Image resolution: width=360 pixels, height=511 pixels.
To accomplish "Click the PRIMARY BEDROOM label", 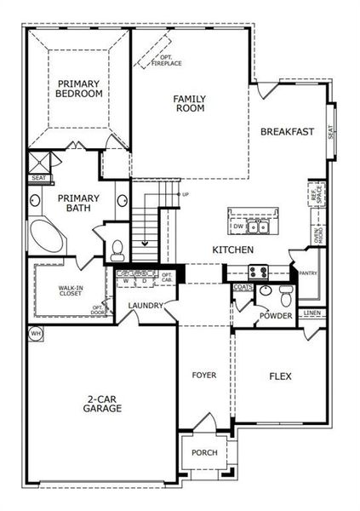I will pyautogui.click(x=79, y=89).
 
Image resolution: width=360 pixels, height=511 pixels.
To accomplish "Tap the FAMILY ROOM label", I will pyautogui.click(x=189, y=103).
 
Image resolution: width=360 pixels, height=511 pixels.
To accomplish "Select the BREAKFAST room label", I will pyautogui.click(x=287, y=132).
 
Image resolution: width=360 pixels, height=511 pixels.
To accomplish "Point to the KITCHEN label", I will pyautogui.click(x=232, y=250).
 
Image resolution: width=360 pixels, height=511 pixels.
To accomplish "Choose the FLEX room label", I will pyautogui.click(x=281, y=376).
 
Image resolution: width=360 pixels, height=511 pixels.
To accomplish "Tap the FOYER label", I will pyautogui.click(x=203, y=375).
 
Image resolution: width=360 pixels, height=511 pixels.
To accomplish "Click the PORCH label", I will pyautogui.click(x=203, y=452).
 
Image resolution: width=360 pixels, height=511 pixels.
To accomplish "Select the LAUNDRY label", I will pyautogui.click(x=145, y=307).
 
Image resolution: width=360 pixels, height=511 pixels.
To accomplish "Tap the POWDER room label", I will pyautogui.click(x=277, y=317).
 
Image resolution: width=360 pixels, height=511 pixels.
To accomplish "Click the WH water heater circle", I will pyautogui.click(x=36, y=333).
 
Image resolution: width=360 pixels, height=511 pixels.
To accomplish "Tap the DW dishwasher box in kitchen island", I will pyautogui.click(x=239, y=227).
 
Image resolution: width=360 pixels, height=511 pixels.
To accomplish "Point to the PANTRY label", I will pyautogui.click(x=306, y=273).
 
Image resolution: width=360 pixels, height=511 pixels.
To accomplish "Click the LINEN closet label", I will pyautogui.click(x=311, y=313).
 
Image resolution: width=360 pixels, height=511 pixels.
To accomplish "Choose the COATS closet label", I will pyautogui.click(x=242, y=288).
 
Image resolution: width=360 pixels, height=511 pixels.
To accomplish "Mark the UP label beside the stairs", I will pyautogui.click(x=186, y=194).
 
